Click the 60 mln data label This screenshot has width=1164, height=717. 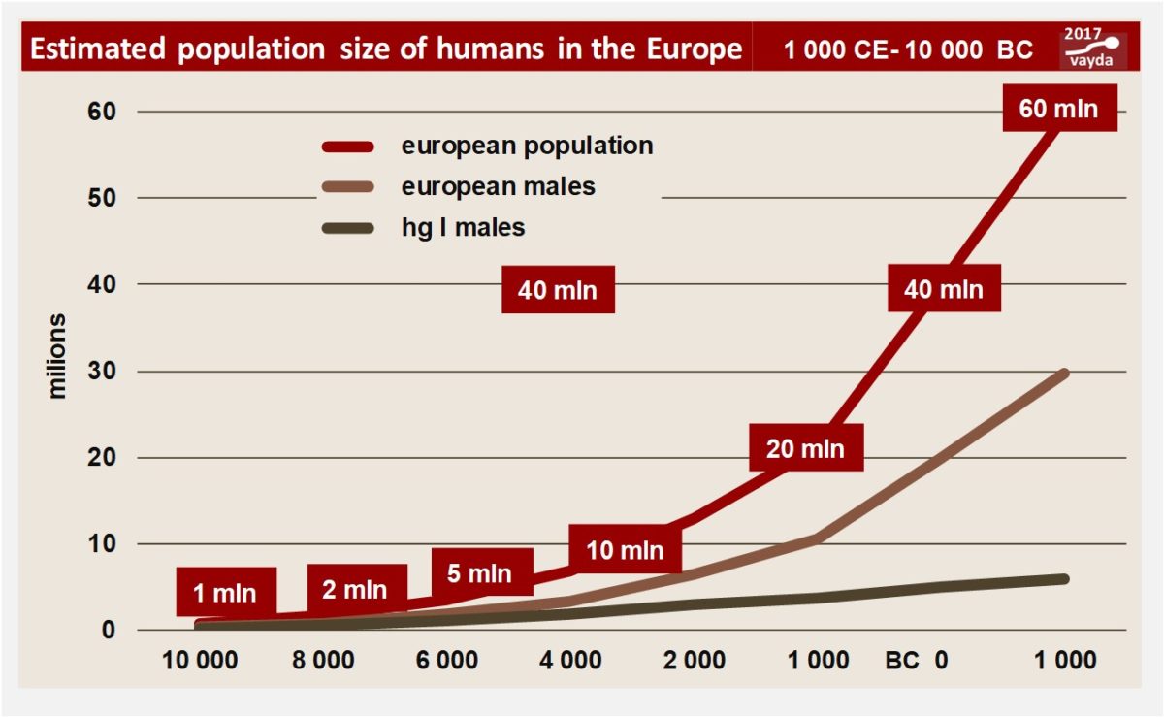coord(1059,108)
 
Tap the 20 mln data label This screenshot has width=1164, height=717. coord(805,449)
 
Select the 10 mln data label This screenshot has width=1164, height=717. coord(625,550)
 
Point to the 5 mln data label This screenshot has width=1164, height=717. coord(479,573)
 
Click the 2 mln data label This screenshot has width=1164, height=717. coord(354,589)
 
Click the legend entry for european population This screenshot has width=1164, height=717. coord(527,146)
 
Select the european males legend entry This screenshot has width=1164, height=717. coord(499,185)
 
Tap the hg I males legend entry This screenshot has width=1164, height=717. coord(463,228)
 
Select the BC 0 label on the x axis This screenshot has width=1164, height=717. coord(916,661)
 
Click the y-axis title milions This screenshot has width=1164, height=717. coord(58,356)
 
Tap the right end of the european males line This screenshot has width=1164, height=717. coord(1063,373)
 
